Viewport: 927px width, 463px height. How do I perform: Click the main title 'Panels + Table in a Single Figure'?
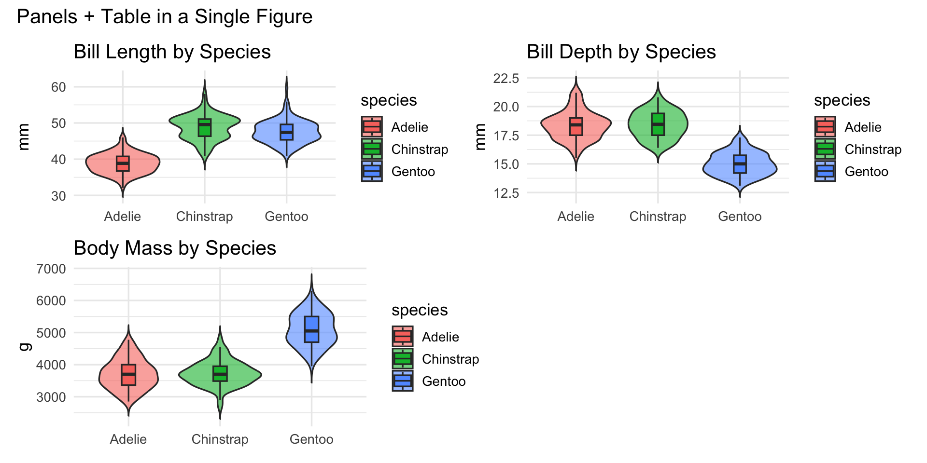pos(164,17)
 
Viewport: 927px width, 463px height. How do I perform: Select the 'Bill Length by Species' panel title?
pos(172,52)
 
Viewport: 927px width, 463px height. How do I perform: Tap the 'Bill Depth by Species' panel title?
pos(621,52)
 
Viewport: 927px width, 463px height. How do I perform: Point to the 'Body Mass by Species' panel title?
pos(174,248)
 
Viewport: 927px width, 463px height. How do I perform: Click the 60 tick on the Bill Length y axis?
pos(58,87)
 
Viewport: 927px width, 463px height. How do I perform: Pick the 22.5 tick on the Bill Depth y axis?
pos(506,78)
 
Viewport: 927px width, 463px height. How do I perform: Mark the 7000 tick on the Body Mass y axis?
pos(51,269)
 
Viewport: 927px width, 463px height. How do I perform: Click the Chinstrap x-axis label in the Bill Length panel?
pos(204,217)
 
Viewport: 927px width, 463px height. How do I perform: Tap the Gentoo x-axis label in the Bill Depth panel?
pos(740,217)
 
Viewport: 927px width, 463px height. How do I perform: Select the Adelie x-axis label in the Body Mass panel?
pos(128,439)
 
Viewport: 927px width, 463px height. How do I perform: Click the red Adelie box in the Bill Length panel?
pos(123,163)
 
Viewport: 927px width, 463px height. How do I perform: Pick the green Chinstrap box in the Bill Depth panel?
pos(658,124)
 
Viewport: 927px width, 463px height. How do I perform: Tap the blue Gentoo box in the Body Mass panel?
pos(311,329)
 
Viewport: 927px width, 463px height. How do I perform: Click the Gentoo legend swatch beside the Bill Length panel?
pos(372,171)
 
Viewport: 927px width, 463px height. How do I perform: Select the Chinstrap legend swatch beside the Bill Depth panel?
pos(825,149)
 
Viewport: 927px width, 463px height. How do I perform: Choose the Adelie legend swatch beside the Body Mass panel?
pos(402,337)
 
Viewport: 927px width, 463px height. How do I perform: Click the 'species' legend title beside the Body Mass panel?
pos(420,310)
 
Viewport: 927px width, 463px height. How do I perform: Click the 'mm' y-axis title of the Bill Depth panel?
pos(479,137)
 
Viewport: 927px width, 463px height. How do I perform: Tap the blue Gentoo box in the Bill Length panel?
pos(286,132)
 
